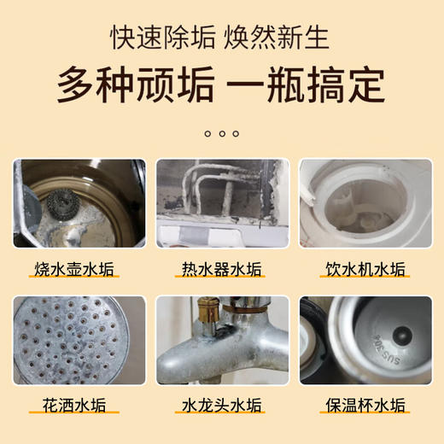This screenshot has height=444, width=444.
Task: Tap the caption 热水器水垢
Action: (x=222, y=270)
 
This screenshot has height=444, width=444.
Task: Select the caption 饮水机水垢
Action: (x=367, y=270)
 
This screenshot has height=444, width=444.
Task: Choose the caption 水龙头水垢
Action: (x=222, y=405)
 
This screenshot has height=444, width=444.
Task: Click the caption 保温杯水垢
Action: (x=367, y=405)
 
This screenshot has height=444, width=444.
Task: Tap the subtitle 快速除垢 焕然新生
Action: (x=222, y=38)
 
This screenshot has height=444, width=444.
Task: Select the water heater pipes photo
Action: (x=222, y=203)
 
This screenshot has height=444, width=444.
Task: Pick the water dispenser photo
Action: (x=367, y=203)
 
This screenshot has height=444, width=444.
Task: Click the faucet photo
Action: (x=222, y=340)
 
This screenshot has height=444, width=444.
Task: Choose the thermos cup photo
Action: (x=367, y=340)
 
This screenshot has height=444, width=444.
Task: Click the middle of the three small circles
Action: (x=222, y=133)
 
